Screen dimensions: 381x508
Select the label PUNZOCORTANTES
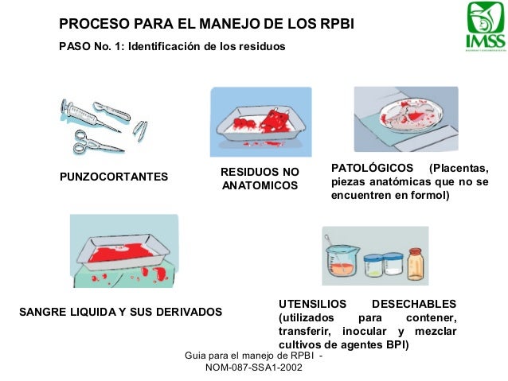point(114,177)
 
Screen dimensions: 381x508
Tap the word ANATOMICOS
point(260,186)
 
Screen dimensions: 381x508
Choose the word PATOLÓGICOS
point(373,168)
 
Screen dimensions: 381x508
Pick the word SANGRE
point(40,311)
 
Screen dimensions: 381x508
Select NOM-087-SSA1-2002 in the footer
point(253,368)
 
